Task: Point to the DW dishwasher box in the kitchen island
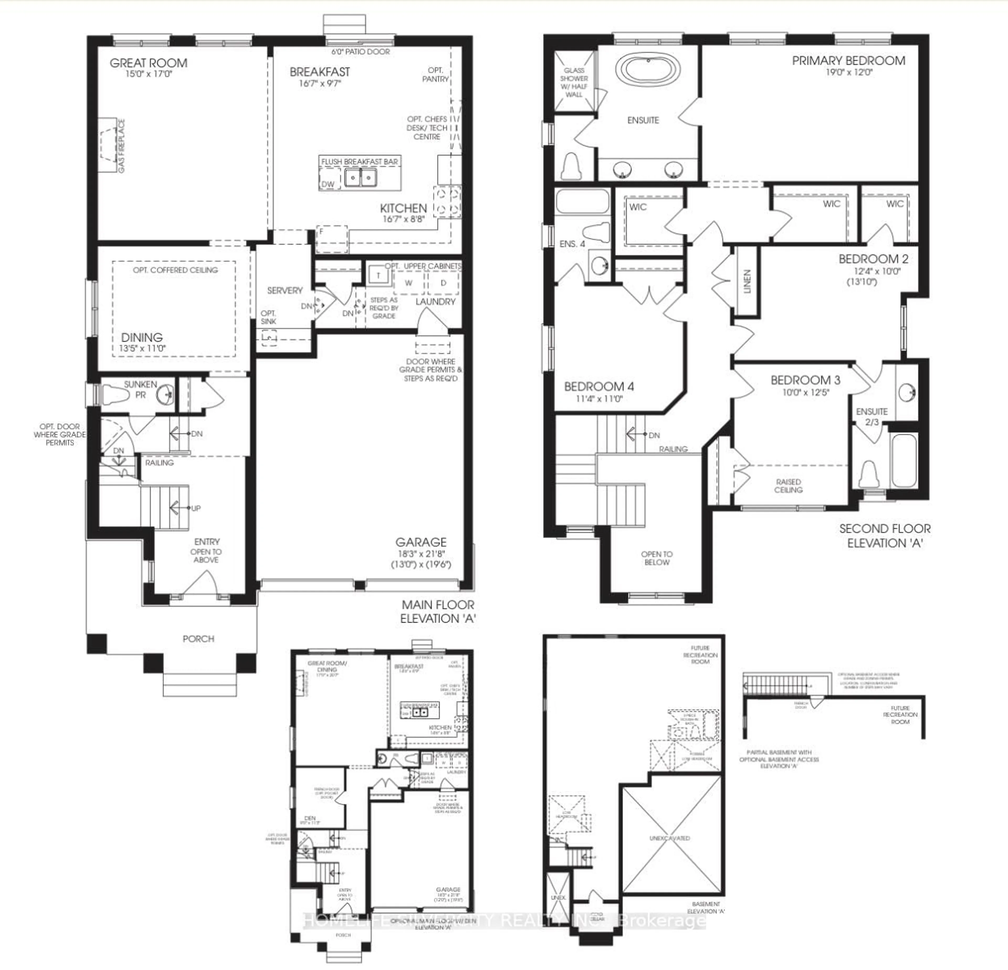328,183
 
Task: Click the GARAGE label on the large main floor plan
421,542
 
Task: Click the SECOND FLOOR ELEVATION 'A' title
885,535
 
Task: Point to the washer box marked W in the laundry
408,283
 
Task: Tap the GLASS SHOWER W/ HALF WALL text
574,82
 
